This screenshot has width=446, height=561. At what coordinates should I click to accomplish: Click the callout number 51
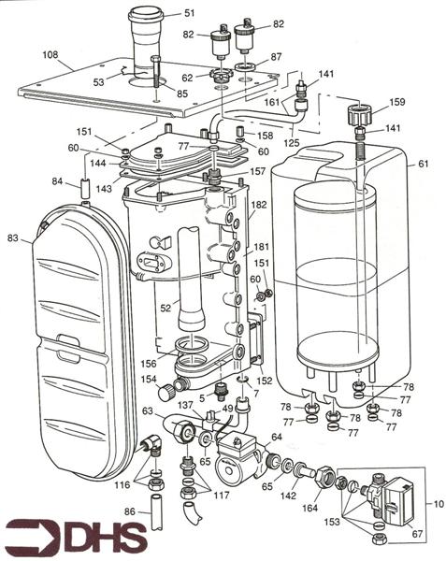[189, 13]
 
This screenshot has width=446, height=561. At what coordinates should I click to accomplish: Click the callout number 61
[424, 163]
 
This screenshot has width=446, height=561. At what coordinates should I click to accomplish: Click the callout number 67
[418, 533]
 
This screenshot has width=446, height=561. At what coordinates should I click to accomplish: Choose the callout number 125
[292, 143]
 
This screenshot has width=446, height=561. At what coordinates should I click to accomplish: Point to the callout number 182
[258, 204]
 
